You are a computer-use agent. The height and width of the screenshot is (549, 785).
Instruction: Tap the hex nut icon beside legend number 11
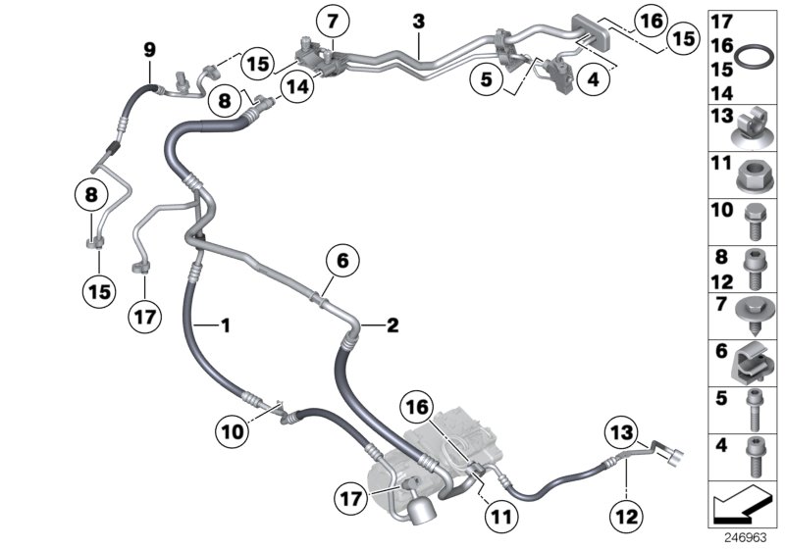coord(755,175)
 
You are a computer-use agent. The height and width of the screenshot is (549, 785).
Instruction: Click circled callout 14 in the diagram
coord(298,85)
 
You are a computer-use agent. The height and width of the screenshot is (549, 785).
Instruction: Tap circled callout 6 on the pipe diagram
coord(342,262)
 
